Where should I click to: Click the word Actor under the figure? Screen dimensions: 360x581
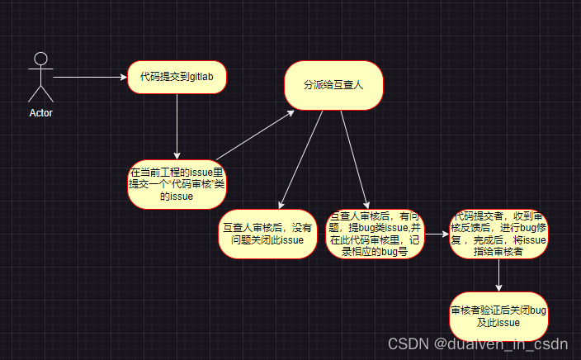(40, 113)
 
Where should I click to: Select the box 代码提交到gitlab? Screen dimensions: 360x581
(177, 77)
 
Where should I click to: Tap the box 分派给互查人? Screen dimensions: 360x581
(334, 84)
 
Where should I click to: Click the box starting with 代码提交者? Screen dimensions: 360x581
(498, 234)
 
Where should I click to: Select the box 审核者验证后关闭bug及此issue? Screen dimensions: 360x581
(498, 316)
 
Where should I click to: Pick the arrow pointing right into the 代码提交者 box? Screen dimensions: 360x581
(437, 234)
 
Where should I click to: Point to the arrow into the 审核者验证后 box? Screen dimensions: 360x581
(498, 275)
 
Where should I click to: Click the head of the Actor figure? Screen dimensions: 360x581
(40, 57)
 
